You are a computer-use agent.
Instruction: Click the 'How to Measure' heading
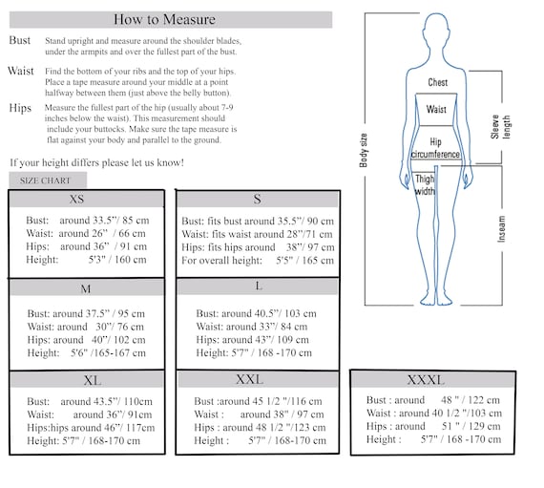(x=169, y=19)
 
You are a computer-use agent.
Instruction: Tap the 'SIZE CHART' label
(x=48, y=180)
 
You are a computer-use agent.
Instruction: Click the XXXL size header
(x=426, y=379)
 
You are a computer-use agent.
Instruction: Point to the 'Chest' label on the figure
(x=437, y=83)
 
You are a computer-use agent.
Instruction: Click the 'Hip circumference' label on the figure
(x=435, y=148)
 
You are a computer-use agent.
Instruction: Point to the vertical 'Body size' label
(x=364, y=151)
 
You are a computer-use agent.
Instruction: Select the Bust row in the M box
(x=85, y=313)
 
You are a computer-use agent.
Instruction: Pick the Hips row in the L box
(x=252, y=339)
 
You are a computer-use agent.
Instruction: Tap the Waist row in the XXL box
(x=259, y=414)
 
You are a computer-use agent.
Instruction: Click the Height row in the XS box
(x=86, y=259)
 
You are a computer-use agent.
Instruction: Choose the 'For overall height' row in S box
(x=258, y=260)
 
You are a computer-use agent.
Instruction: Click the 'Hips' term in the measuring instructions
(x=19, y=108)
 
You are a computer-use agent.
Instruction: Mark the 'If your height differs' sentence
(x=96, y=162)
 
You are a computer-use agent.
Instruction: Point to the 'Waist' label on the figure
(x=436, y=110)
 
